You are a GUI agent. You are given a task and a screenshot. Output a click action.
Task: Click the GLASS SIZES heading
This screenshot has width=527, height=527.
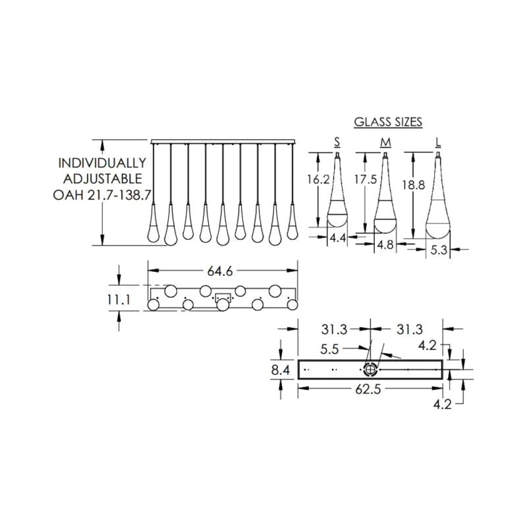click(x=388, y=122)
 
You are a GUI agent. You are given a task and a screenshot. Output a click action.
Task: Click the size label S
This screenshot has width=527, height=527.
click(x=337, y=142)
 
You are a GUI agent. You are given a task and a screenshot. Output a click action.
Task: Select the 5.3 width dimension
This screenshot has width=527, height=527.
click(x=438, y=250)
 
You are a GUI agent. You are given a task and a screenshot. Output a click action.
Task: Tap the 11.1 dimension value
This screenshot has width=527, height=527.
click(x=120, y=300)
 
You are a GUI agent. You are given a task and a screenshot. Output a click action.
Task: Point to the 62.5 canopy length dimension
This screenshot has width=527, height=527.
click(x=370, y=390)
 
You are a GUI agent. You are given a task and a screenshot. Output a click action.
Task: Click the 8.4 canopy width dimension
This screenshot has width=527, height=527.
click(x=281, y=372)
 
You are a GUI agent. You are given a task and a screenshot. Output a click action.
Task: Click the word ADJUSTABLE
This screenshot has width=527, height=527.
click(x=101, y=179)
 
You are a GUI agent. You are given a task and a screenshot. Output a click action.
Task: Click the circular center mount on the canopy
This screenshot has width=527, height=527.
click(x=371, y=370)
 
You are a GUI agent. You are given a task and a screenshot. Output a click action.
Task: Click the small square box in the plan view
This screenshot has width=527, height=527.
click(x=223, y=296)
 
